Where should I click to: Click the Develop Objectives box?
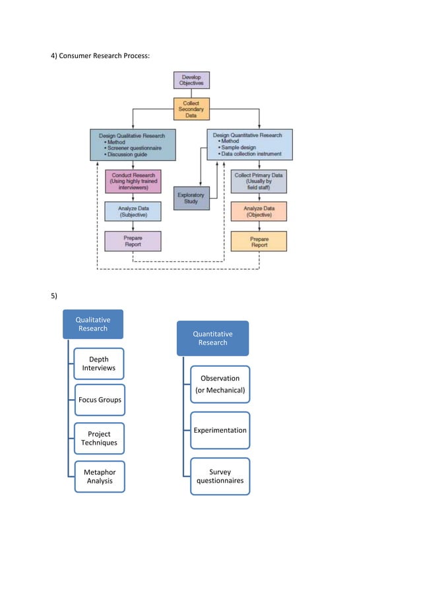click(191, 80)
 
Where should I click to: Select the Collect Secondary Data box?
click(191, 109)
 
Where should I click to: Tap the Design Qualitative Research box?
click(133, 144)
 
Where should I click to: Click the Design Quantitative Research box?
click(249, 144)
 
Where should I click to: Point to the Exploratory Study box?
click(191, 198)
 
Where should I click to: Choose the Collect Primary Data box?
click(259, 182)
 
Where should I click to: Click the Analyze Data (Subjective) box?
click(133, 211)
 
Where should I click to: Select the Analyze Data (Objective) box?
click(259, 211)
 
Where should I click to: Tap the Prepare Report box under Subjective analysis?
click(133, 241)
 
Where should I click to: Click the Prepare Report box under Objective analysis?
click(259, 241)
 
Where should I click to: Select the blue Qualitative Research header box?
click(93, 324)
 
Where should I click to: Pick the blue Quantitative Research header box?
click(212, 338)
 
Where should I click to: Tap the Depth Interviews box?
click(98, 363)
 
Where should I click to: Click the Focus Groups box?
click(98, 400)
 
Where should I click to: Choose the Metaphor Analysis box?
click(99, 476)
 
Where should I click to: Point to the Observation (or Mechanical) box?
click(220, 384)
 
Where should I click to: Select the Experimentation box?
click(220, 430)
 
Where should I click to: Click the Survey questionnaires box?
click(220, 476)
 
